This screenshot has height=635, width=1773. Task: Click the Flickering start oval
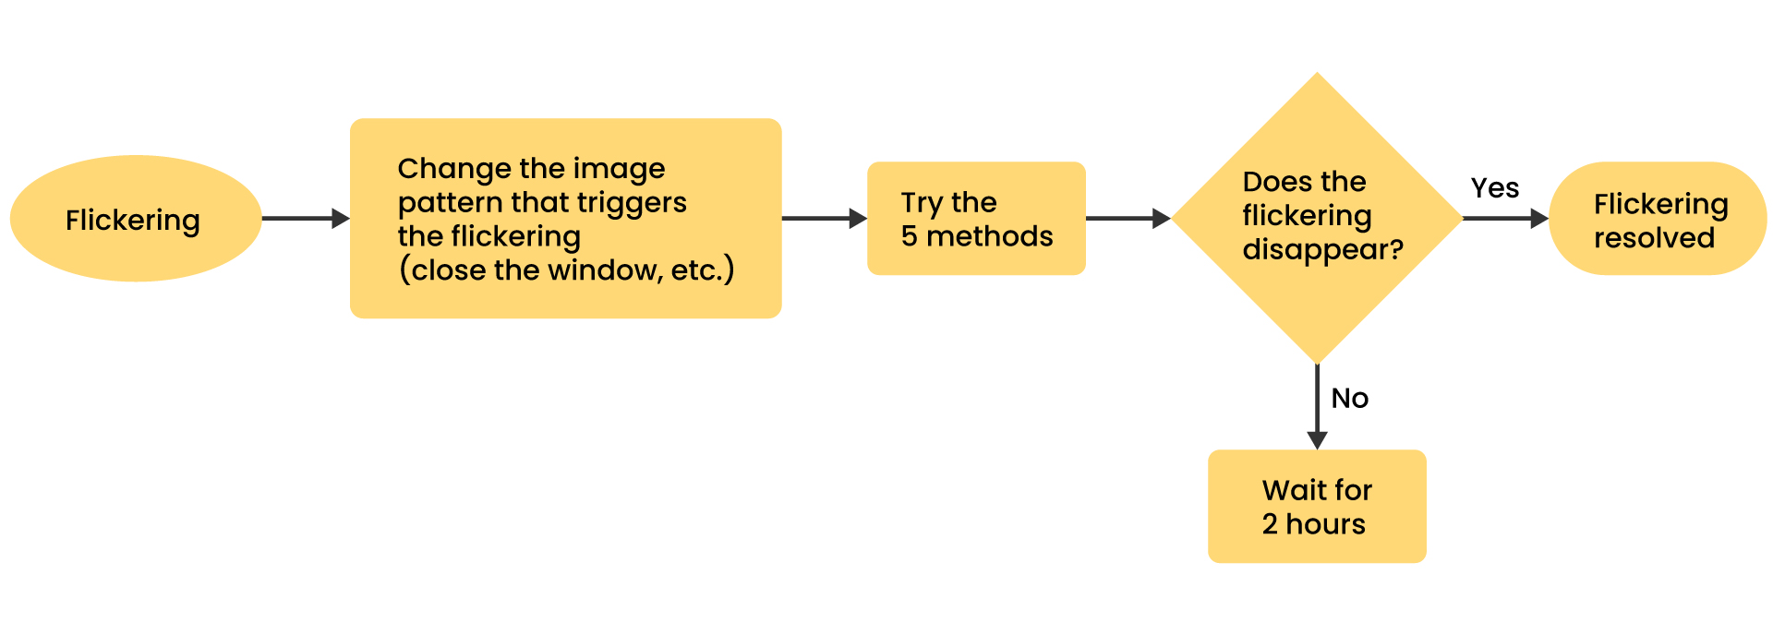pyautogui.click(x=136, y=219)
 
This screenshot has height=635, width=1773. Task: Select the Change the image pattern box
pyautogui.click(x=566, y=219)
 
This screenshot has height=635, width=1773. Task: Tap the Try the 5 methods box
pyautogui.click(x=976, y=219)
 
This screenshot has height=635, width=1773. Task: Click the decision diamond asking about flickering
pyautogui.click(x=1317, y=219)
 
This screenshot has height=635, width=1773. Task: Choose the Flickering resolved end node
pyautogui.click(x=1658, y=219)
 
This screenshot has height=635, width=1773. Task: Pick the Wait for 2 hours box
pyautogui.click(x=1317, y=506)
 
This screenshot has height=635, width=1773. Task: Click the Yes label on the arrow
pyautogui.click(x=1495, y=188)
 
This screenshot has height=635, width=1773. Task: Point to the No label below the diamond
pyautogui.click(x=1350, y=399)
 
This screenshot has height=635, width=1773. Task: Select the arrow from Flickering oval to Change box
pyautogui.click(x=306, y=219)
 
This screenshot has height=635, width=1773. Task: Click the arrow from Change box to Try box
pyautogui.click(x=825, y=219)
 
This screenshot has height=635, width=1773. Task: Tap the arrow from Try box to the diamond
pyautogui.click(x=1128, y=219)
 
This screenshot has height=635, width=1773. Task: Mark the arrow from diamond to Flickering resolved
pyautogui.click(x=1506, y=219)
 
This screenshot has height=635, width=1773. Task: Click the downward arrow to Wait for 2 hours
pyautogui.click(x=1317, y=407)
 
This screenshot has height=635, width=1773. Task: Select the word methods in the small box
pyautogui.click(x=990, y=236)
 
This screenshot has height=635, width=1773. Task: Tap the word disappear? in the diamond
pyautogui.click(x=1323, y=250)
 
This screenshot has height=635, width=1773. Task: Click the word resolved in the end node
pyautogui.click(x=1654, y=238)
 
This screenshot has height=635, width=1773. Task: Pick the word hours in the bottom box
pyautogui.click(x=1325, y=524)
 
